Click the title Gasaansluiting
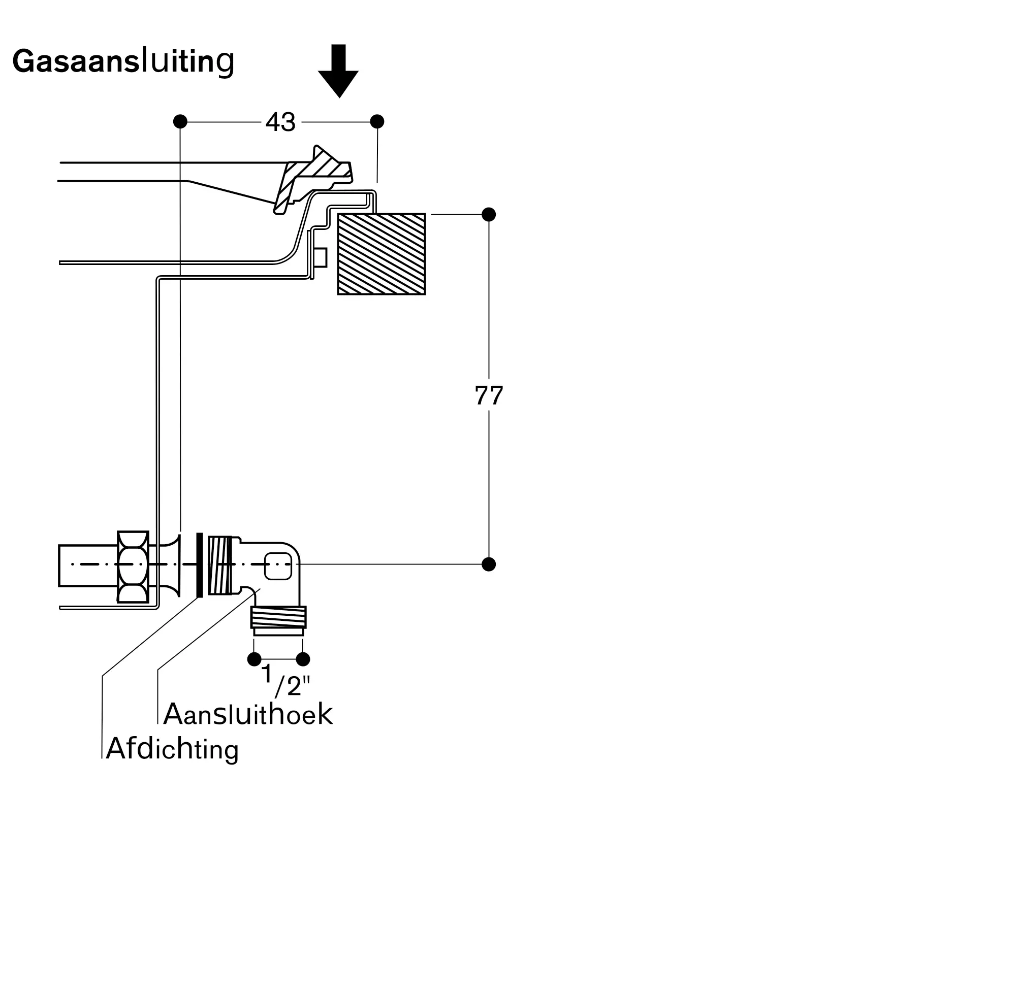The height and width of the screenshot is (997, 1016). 123,61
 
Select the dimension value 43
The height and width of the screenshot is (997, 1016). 281,122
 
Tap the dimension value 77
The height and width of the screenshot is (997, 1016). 488,395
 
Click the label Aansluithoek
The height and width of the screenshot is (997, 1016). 248,714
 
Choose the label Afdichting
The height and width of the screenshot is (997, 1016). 172,749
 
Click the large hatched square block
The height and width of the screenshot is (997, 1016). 381,254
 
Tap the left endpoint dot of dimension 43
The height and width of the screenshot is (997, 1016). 180,121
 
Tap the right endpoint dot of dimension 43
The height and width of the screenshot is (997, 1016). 377,121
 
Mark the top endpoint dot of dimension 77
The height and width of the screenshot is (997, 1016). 488,214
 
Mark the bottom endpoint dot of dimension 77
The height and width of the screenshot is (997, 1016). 488,564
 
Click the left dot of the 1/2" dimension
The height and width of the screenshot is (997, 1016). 254,659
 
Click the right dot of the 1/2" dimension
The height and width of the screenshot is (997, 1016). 303,659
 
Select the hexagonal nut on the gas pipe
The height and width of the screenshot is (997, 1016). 133,567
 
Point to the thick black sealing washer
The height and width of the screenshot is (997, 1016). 199,565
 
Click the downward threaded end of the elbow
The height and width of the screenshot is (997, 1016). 278,617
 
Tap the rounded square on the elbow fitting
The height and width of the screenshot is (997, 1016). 278,566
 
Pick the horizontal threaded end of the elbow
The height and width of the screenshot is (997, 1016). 220,565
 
